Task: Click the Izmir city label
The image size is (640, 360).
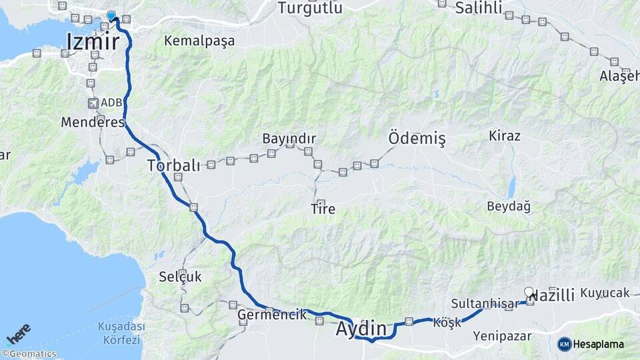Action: coord(93,42)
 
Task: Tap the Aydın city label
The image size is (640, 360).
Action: coord(361,328)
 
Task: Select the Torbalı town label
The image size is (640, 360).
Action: coord(173,165)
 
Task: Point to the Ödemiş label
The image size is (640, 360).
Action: coord(417,139)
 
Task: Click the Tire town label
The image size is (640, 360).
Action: coord(323,209)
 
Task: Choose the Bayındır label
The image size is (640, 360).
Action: coord(289,139)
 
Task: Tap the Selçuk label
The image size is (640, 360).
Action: coord(180,276)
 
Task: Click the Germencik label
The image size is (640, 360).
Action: coord(272,314)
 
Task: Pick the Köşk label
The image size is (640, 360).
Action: coord(447,322)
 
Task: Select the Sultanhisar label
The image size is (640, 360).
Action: coord(484,304)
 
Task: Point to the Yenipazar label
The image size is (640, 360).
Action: coord(502,336)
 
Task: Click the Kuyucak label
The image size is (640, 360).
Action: coord(605,293)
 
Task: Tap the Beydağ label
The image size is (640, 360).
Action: coord(509,206)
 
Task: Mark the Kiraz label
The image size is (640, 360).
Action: coord(505,135)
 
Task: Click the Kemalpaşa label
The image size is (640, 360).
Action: coord(199,41)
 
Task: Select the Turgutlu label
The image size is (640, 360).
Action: coord(310,8)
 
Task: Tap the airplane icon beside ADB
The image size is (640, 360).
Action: coord(93,103)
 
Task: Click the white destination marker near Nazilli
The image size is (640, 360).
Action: coord(529,292)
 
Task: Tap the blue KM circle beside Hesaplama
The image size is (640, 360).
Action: coord(565,344)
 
